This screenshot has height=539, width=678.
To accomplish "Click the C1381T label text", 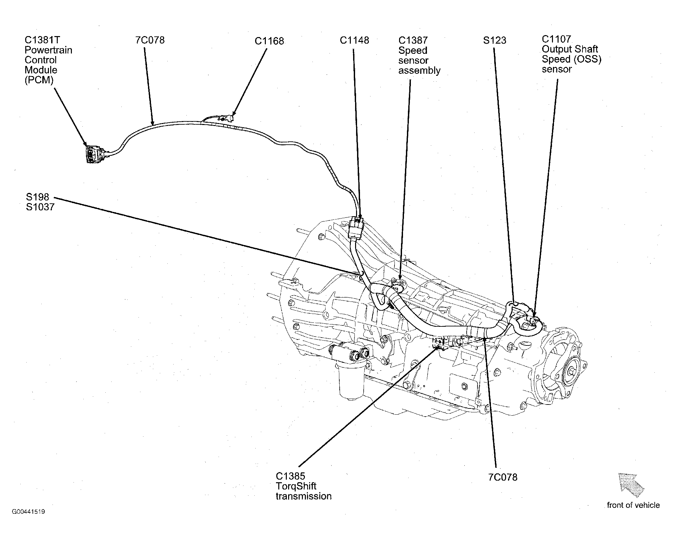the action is tap(42, 40).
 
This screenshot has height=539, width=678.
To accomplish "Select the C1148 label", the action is tap(354, 40).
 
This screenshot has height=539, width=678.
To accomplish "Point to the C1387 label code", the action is tap(413, 40).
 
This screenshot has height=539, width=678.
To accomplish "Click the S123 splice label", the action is tap(495, 40).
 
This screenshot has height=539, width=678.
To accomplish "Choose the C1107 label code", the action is tap(557, 39).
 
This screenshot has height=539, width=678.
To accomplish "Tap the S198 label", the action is tap(37, 197).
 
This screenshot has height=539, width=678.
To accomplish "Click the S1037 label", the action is tap(40, 207).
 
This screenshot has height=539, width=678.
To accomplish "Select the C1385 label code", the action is tap(290, 476).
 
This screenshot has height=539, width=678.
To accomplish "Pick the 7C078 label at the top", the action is tap(150, 40).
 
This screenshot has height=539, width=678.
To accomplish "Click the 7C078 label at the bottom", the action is tap(503, 477).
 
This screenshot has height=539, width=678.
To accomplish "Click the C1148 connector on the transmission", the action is tap(355, 227).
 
